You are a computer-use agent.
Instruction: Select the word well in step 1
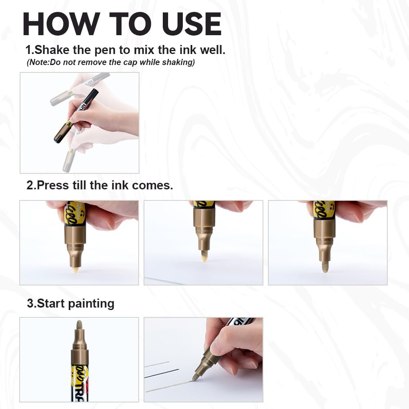(211, 50)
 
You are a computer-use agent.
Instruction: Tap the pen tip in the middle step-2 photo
(204, 256)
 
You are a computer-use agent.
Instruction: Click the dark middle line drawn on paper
(162, 373)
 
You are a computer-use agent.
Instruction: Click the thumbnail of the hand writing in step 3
(203, 360)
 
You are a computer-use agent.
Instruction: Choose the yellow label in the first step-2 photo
(74, 213)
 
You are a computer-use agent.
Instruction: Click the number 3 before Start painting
(30, 303)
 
